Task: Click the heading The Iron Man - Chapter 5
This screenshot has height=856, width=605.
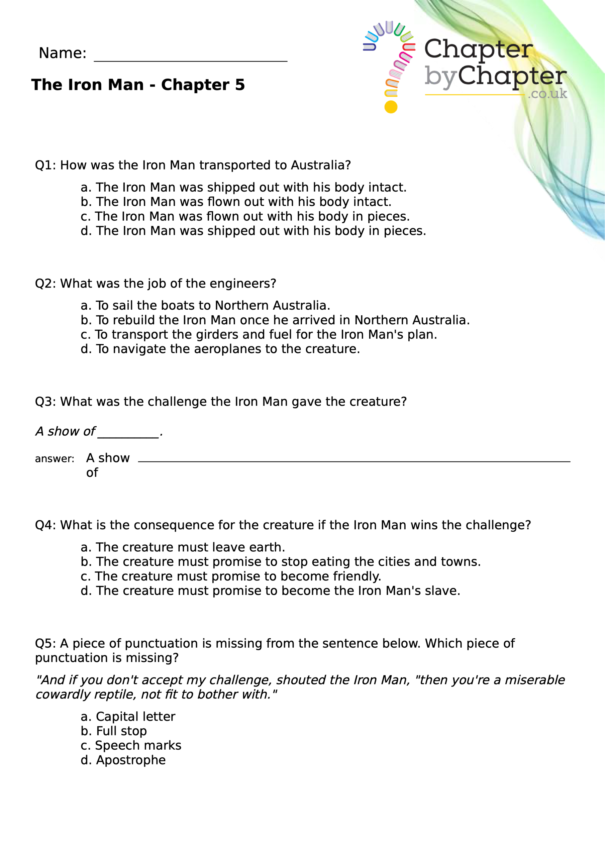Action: click(138, 85)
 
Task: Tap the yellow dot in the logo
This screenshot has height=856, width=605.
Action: click(391, 107)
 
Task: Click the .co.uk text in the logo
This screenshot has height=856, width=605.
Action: click(547, 94)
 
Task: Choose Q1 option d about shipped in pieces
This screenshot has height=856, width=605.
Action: click(253, 231)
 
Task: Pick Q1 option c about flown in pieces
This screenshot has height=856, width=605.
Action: click(245, 216)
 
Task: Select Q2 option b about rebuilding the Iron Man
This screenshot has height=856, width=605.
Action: click(275, 320)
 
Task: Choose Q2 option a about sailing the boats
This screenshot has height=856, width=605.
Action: click(205, 305)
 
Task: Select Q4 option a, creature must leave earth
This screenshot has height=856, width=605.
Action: click(183, 547)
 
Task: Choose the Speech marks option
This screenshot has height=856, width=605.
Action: click(130, 745)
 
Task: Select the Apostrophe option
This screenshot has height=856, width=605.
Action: click(123, 760)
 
